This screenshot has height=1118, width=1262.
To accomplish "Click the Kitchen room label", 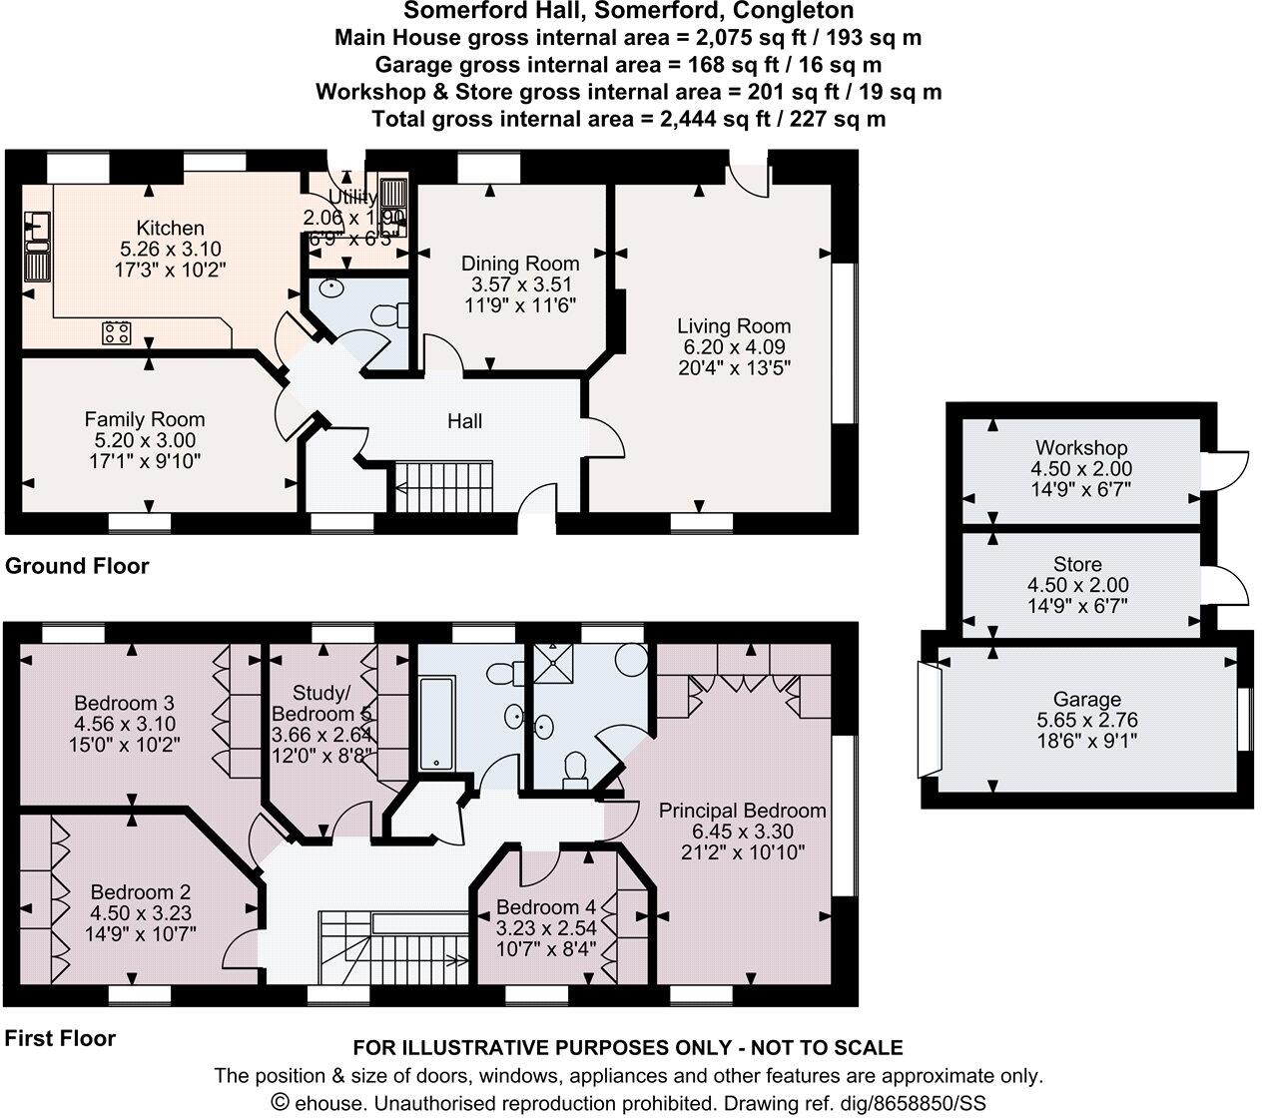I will click(x=170, y=229).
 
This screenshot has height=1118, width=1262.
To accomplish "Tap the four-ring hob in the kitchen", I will click(x=116, y=332).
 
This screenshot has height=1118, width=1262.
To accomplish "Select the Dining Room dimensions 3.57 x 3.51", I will click(x=519, y=284).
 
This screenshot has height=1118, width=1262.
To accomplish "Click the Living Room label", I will click(x=733, y=325).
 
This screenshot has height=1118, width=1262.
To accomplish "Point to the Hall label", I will click(x=464, y=421).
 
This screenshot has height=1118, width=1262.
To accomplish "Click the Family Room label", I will click(x=144, y=419).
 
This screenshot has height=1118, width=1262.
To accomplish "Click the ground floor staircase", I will click(x=444, y=486).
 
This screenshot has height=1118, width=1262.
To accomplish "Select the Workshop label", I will click(x=1080, y=447).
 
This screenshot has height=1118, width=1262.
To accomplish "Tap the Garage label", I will click(x=1087, y=699).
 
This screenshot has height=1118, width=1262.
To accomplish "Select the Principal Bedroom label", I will click(x=742, y=810).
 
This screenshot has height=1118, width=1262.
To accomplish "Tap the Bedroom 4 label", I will click(x=545, y=907).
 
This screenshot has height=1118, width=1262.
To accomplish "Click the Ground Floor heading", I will click(x=77, y=566).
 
